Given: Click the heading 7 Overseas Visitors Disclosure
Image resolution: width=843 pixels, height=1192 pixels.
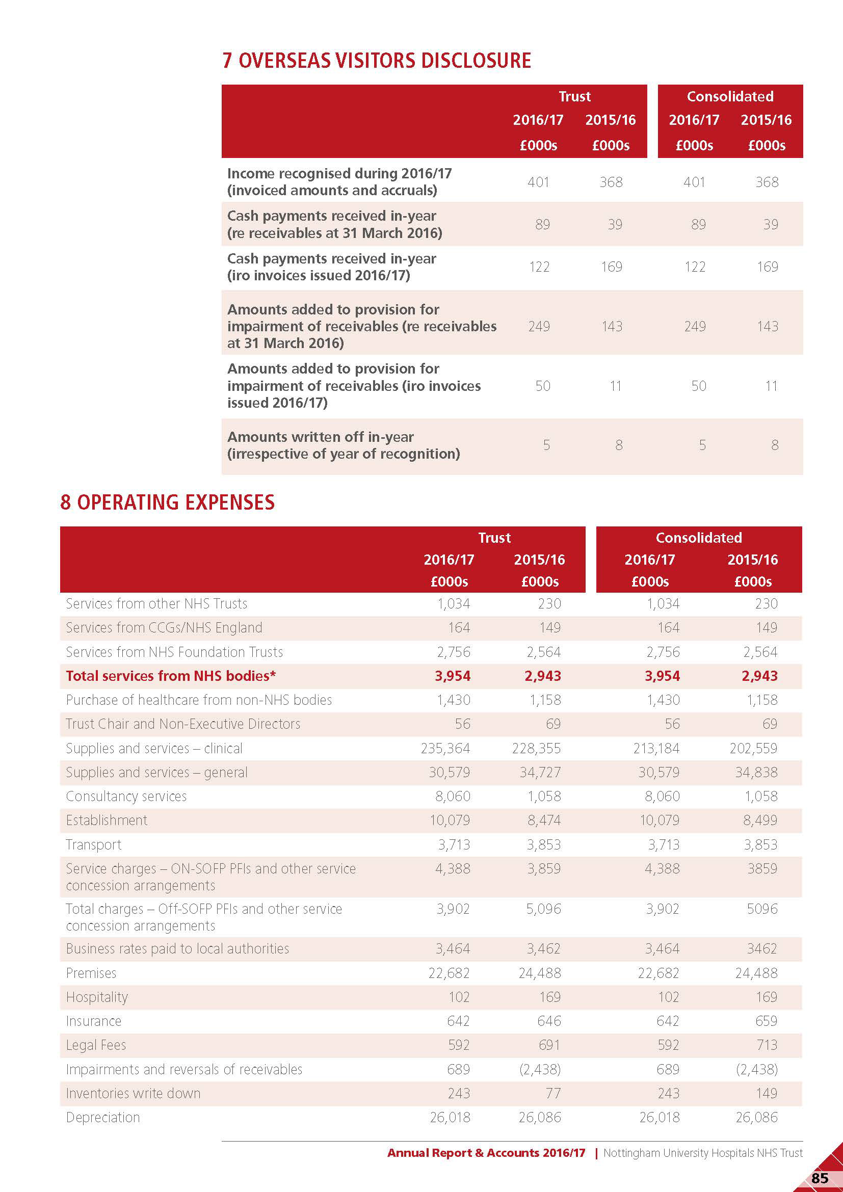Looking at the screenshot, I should coord(376,61).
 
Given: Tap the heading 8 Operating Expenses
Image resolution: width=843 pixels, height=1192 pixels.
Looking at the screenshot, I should coord(167,502).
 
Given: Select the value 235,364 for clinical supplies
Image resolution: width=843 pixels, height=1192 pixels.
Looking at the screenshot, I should coord(445,748).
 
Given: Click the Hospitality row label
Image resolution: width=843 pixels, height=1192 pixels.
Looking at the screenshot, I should coord(96,997).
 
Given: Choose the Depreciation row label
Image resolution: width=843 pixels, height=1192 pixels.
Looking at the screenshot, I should coord(103,1117).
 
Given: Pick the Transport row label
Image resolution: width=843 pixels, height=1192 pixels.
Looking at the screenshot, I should coord(93,844).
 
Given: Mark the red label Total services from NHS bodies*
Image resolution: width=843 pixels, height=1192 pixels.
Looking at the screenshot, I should coord(171,676).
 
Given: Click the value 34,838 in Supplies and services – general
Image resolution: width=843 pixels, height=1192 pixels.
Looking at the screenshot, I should coord(756,773).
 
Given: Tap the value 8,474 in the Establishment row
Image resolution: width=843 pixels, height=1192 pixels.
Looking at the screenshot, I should coord(543,820).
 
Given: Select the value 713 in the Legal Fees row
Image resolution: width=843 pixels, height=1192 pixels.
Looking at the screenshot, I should coord(767,1045).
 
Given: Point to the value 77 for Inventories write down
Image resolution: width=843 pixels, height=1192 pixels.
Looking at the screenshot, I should coord(553,1093).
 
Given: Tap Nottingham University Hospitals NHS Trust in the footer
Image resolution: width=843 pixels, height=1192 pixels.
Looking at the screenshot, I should coord(702,1153).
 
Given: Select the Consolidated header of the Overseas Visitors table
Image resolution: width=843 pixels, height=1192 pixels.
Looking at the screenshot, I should coord(730,96).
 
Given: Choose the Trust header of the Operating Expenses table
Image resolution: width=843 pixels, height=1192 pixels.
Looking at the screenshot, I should coord(494,538).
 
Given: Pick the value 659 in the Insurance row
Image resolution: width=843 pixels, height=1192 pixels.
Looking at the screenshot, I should coord(766,1021).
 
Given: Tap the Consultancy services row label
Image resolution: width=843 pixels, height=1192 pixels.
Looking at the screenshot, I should coord(126,797).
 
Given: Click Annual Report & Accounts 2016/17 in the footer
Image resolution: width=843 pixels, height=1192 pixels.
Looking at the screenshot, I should coord(486,1153).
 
